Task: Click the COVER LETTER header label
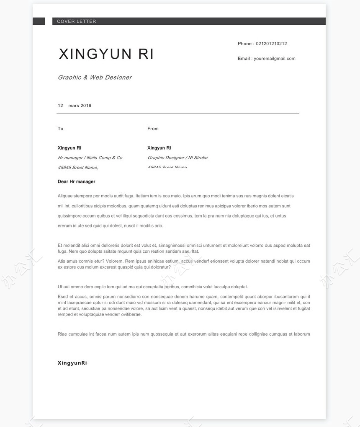[77, 21]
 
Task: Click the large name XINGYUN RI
[106, 54]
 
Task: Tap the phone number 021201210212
[271, 44]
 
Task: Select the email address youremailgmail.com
[274, 59]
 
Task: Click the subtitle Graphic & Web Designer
[95, 78]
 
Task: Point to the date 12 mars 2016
[75, 106]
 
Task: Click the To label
[61, 129]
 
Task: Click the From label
[153, 129]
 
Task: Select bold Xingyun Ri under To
[69, 148]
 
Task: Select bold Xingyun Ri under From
[159, 148]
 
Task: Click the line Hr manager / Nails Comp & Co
[90, 158]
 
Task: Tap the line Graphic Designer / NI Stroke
[177, 158]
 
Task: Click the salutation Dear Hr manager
[77, 182]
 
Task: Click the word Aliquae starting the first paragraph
[65, 196]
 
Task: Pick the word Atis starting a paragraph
[62, 261]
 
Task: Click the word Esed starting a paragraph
[63, 297]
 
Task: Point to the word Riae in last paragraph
[62, 334]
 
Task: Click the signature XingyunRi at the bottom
[72, 363]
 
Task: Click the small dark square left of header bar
[39, 21]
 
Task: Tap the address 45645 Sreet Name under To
[78, 168]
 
